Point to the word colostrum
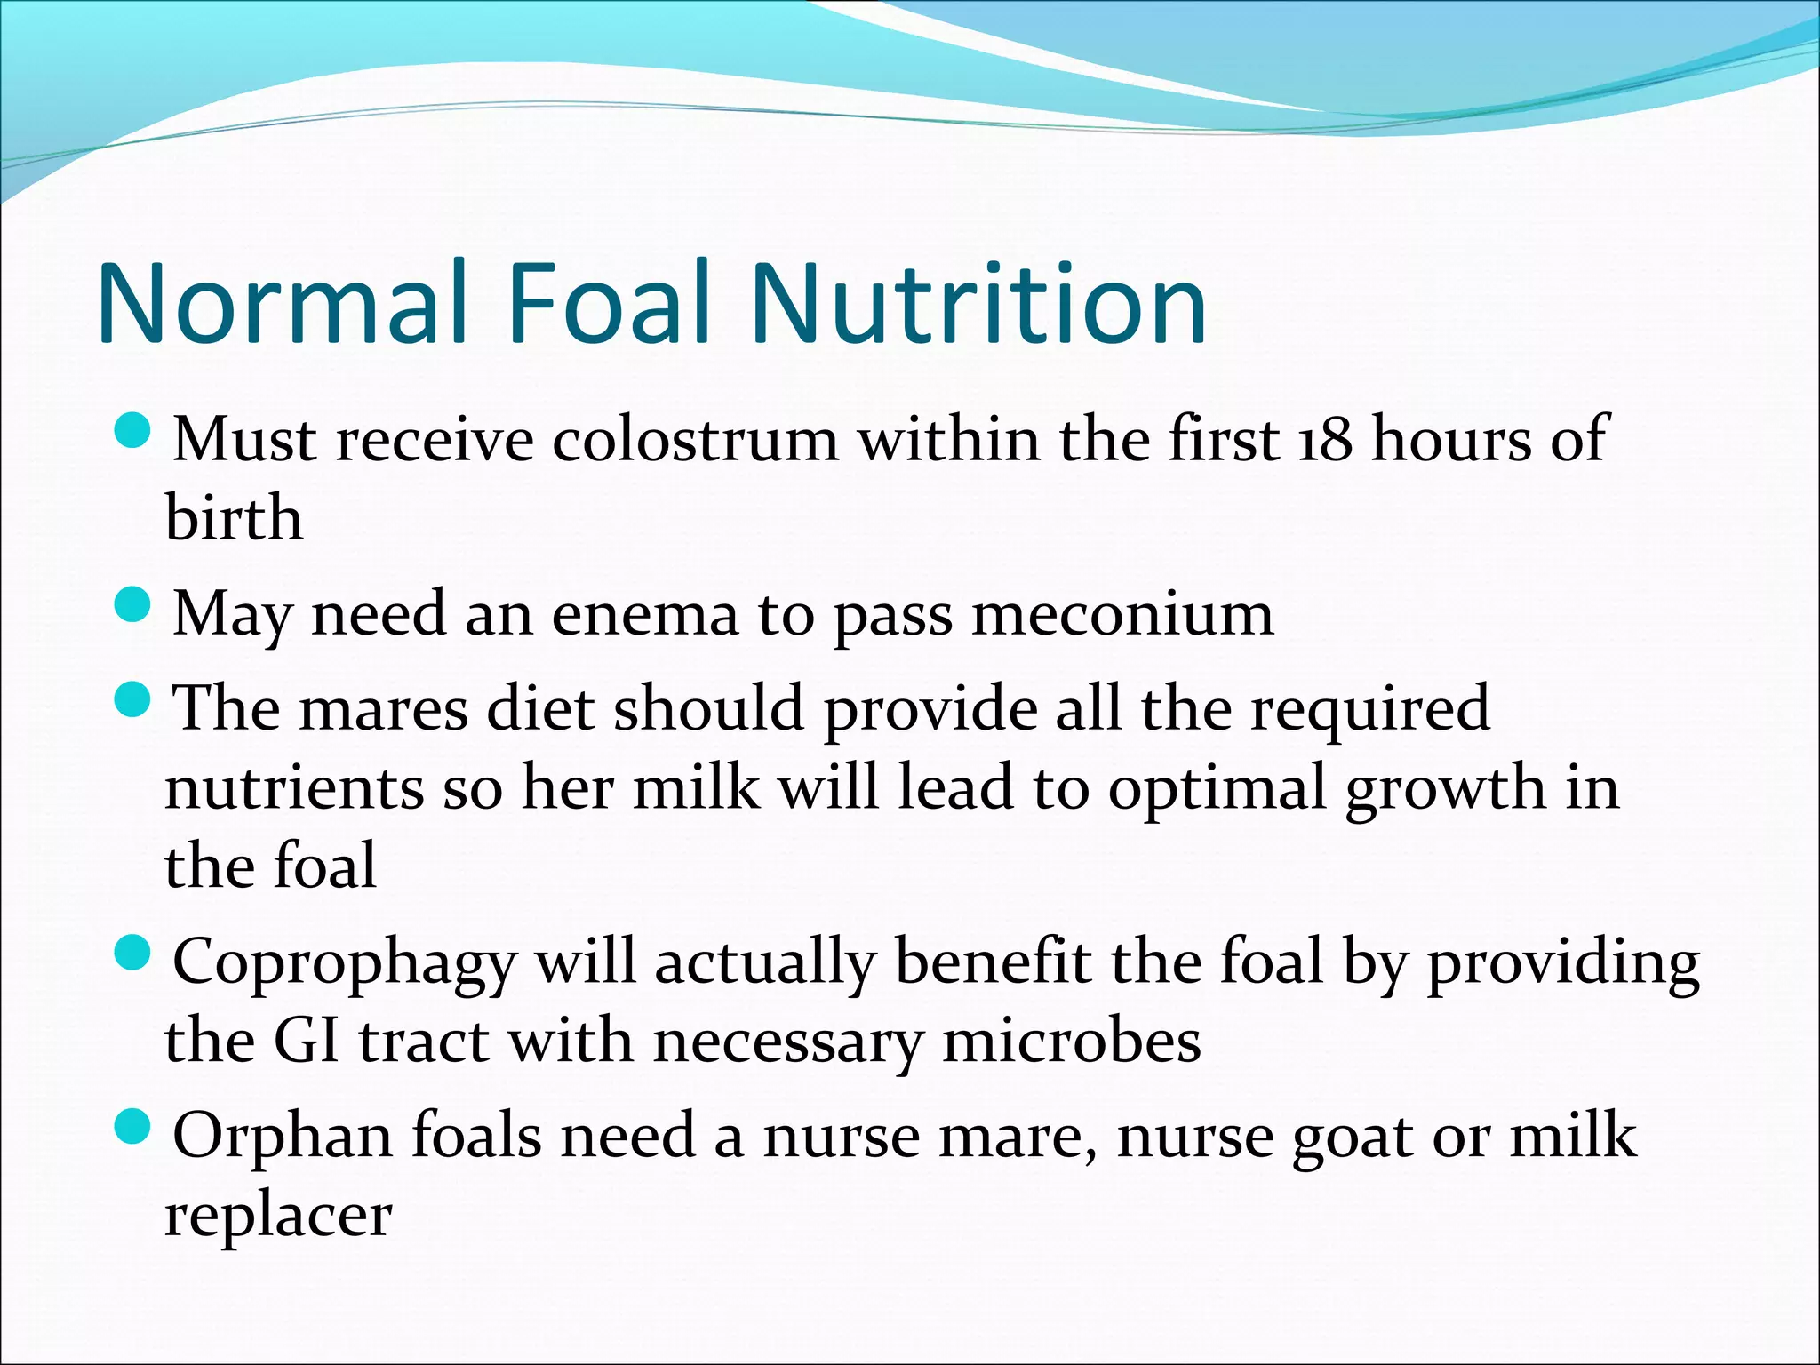695,440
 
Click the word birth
234,517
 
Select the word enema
645,614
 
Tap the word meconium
1122,614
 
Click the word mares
383,709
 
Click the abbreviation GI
307,1041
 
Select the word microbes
1071,1041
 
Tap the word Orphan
283,1137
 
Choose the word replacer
278,1216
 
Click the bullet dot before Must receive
134,433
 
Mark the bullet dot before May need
134,608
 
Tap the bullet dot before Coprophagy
134,956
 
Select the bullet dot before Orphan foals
134,1130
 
